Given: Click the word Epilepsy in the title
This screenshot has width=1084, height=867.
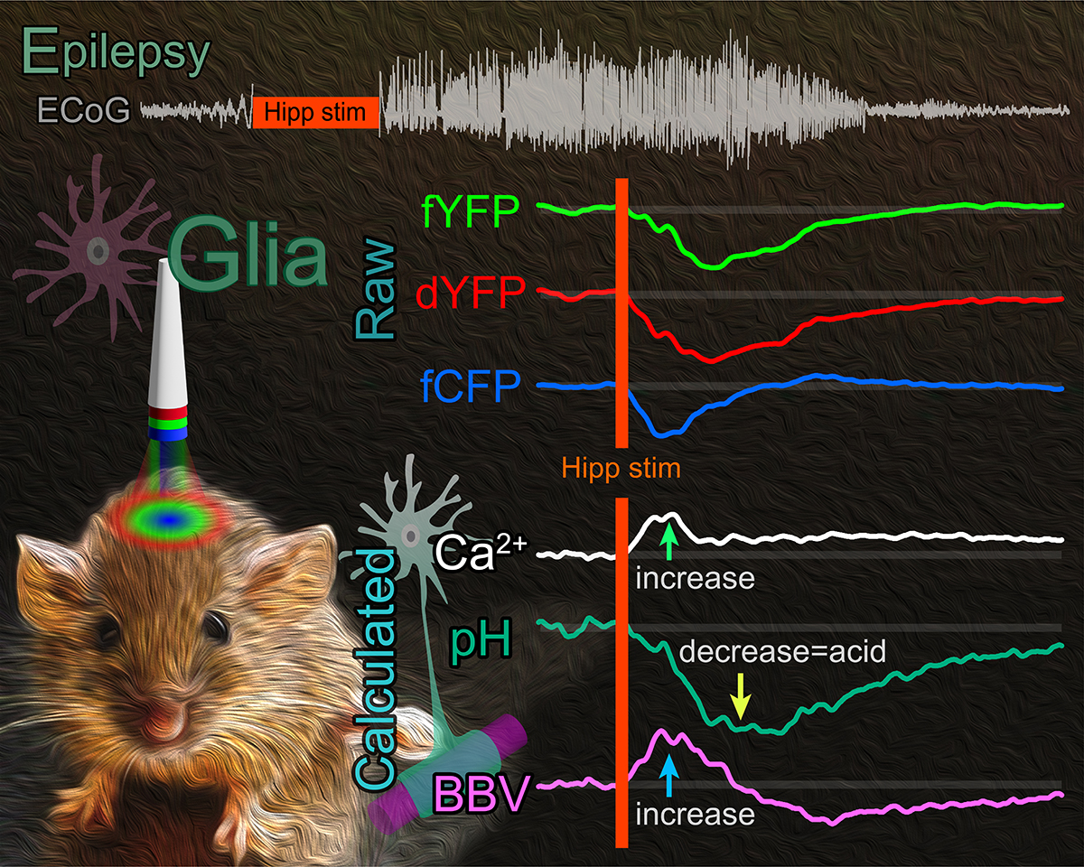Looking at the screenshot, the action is pyautogui.click(x=116, y=54).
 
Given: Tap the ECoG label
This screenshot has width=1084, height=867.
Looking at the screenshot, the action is pyautogui.click(x=84, y=110).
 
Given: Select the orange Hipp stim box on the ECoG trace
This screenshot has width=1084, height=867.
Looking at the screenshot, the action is pyautogui.click(x=315, y=112).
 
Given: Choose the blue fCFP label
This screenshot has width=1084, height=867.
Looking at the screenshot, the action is pyautogui.click(x=471, y=386).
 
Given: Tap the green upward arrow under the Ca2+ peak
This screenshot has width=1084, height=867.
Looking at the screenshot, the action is pyautogui.click(x=669, y=543).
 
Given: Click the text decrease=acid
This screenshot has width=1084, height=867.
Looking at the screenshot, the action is pyautogui.click(x=782, y=651).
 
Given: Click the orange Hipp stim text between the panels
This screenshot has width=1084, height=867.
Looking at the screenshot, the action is pyautogui.click(x=621, y=469).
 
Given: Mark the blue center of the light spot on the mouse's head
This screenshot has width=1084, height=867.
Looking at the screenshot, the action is pyautogui.click(x=169, y=519).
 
